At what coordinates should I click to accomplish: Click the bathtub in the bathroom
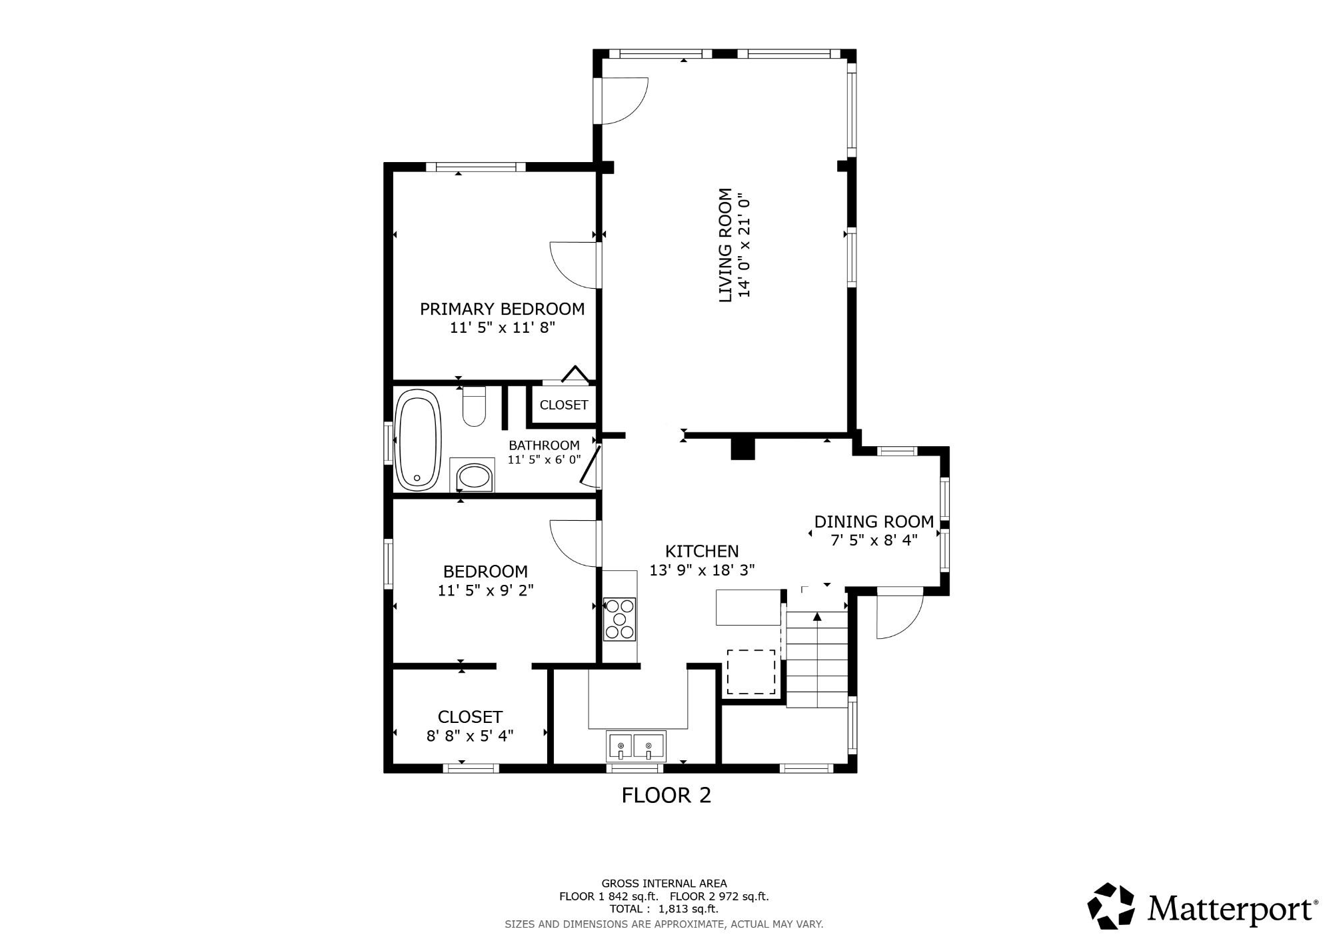418,439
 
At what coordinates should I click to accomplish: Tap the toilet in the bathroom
475,406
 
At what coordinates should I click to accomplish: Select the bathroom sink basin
475,476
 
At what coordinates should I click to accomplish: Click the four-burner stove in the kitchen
619,619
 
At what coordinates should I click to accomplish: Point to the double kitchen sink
635,746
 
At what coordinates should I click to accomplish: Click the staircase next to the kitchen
817,659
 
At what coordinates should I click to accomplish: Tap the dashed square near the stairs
751,672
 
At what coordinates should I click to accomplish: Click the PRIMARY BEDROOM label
502,309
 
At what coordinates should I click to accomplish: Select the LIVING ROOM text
725,245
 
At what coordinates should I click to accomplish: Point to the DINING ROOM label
874,522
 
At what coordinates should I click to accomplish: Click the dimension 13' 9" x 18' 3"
702,570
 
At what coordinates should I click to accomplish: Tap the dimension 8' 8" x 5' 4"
470,736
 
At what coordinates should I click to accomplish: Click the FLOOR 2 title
666,795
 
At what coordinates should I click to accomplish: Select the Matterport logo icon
1111,906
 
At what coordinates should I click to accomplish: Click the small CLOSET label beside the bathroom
564,405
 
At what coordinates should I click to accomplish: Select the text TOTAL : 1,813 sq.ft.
664,909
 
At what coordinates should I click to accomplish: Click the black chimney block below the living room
742,448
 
